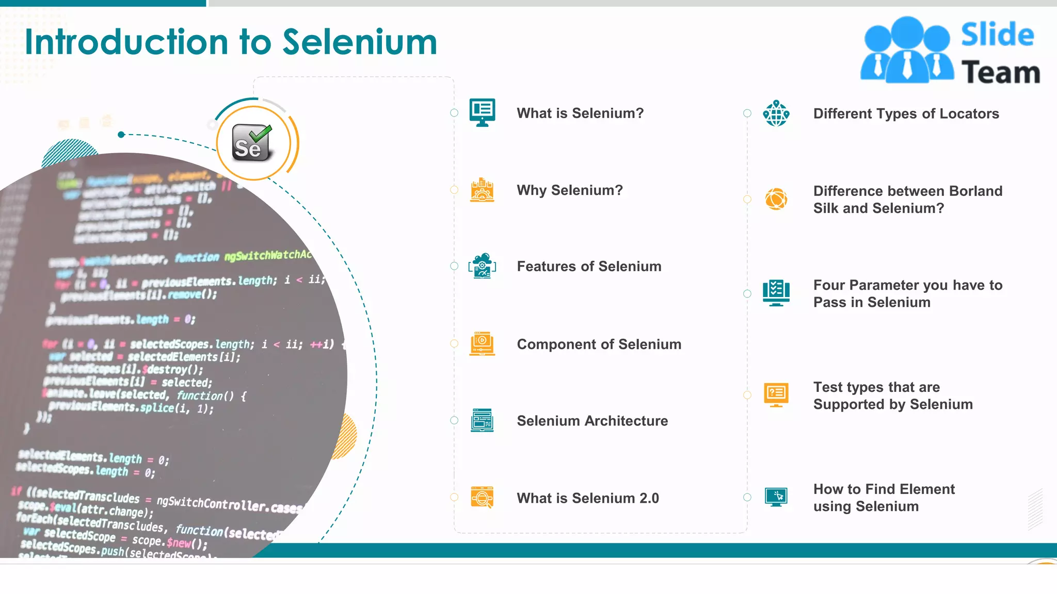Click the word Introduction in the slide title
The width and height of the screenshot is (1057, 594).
coord(126,42)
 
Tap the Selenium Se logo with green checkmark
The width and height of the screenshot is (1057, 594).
coord(252,143)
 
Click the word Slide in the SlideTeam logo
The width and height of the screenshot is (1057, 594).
coord(997,35)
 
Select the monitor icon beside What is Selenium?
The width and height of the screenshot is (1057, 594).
coord(482,112)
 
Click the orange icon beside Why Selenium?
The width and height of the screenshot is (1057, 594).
coord(482,190)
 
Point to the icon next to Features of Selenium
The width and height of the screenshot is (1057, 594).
coord(482,266)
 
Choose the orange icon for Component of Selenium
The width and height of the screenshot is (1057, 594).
coord(482,344)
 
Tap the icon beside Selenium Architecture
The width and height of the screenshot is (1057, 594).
coord(482,420)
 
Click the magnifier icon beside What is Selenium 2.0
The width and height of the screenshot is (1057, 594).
coord(482,498)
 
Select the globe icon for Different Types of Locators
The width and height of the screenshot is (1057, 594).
coord(776,113)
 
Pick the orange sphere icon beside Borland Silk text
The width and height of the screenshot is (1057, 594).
coord(776,199)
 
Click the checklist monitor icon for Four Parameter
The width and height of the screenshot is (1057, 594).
coord(776,293)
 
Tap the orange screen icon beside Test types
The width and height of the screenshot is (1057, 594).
coord(776,395)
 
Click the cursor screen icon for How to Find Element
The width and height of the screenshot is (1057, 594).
coord(776,497)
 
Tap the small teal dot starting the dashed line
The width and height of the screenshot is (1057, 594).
coord(121,135)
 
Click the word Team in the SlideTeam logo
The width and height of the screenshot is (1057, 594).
coord(1000,72)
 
